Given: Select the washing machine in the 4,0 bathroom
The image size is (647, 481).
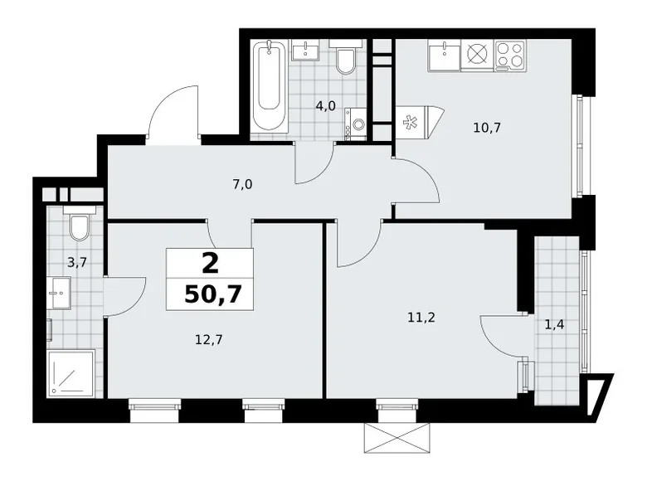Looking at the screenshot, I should click(x=358, y=124).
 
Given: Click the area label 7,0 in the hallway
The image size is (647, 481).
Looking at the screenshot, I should click(x=242, y=184).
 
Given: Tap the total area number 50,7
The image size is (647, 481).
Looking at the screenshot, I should click(x=210, y=294).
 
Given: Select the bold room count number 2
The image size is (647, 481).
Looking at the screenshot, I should click(x=210, y=263).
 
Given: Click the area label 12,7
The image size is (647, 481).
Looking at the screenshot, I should click(x=209, y=338).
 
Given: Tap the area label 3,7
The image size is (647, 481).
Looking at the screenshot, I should click(x=76, y=264).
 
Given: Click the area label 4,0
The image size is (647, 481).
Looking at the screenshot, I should click(x=324, y=105).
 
